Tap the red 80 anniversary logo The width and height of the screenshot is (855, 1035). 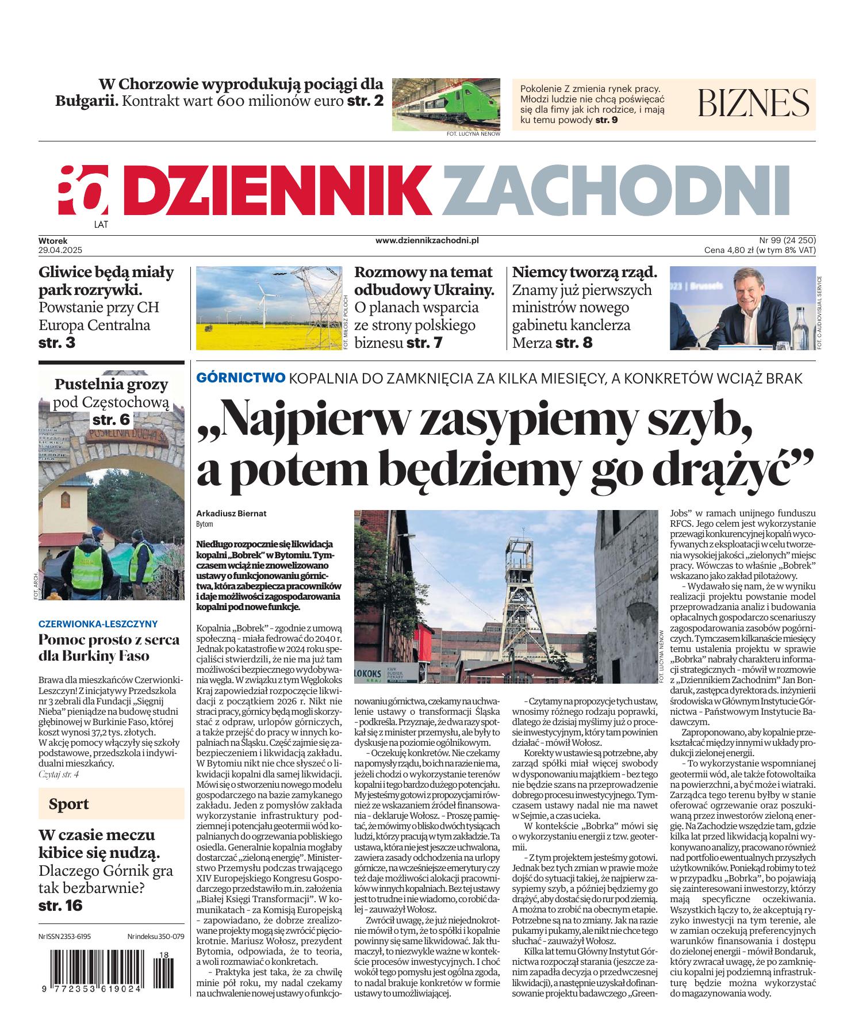(83, 189)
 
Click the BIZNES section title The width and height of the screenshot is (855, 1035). (753, 104)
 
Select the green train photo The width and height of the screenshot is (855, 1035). (446, 104)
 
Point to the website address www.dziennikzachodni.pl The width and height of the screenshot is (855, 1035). (427, 241)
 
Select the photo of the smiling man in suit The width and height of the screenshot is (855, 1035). (742, 308)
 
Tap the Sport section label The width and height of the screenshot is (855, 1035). (69, 803)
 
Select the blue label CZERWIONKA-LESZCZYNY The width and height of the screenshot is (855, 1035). (98, 623)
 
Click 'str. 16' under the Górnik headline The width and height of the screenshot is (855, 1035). (60, 905)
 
